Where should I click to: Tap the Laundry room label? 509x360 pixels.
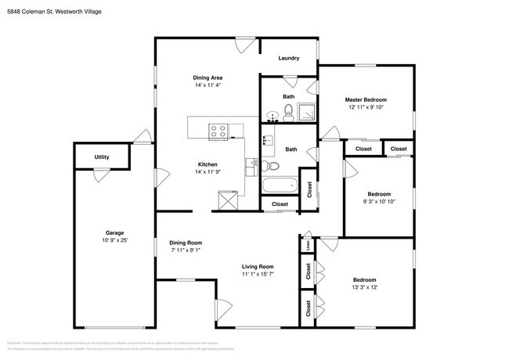(288, 58)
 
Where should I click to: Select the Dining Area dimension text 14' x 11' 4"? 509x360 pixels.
(209, 85)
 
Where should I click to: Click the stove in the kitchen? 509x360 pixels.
(218, 131)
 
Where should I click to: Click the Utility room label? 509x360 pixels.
(102, 157)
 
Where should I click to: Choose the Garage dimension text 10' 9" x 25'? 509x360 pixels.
(115, 241)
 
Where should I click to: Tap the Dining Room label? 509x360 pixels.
(186, 243)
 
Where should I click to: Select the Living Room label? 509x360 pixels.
(257, 267)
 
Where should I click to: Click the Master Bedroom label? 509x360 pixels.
(366, 100)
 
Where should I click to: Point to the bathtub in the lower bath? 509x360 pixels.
(280, 186)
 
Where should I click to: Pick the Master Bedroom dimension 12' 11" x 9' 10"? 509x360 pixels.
(366, 108)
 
